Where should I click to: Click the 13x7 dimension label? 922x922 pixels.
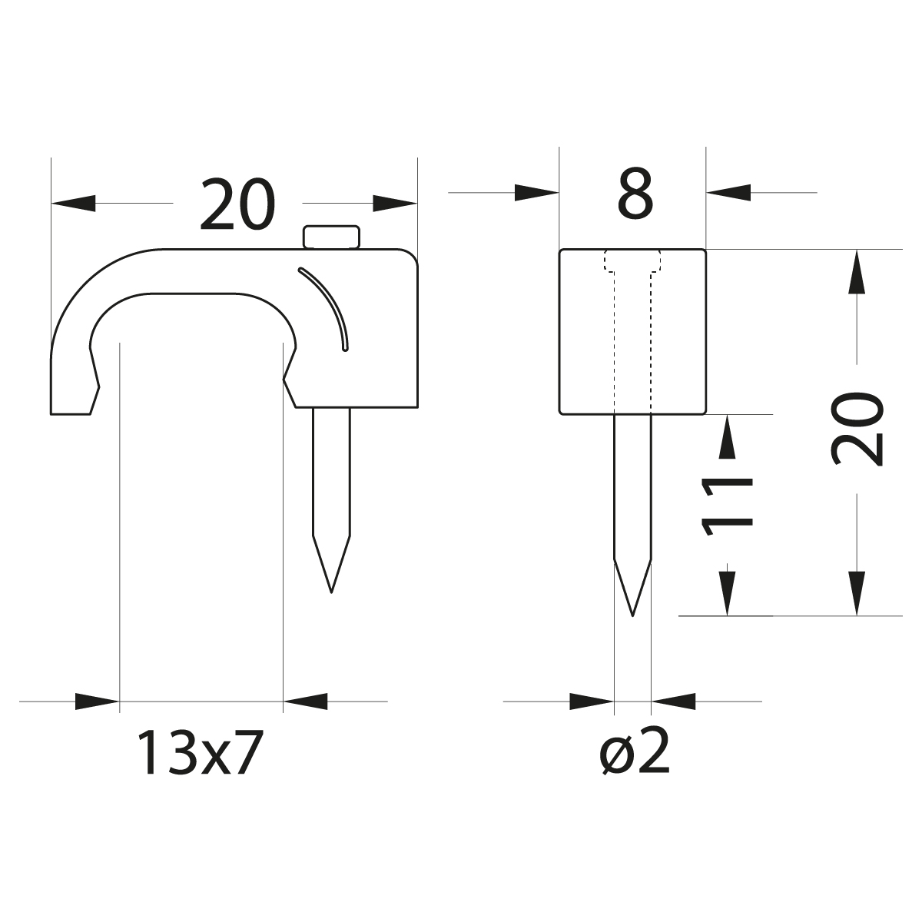click(200, 753)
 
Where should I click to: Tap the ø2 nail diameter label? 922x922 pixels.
click(635, 753)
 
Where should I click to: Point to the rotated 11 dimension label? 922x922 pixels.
click(727, 506)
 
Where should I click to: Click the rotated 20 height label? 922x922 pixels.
click(857, 429)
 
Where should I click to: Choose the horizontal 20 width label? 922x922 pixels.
click(237, 204)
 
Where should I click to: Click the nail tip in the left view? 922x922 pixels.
click(331, 592)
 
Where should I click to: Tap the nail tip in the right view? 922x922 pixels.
click(632, 615)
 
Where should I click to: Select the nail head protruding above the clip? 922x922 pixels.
click(331, 237)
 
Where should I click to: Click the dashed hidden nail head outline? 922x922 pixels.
click(632, 261)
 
